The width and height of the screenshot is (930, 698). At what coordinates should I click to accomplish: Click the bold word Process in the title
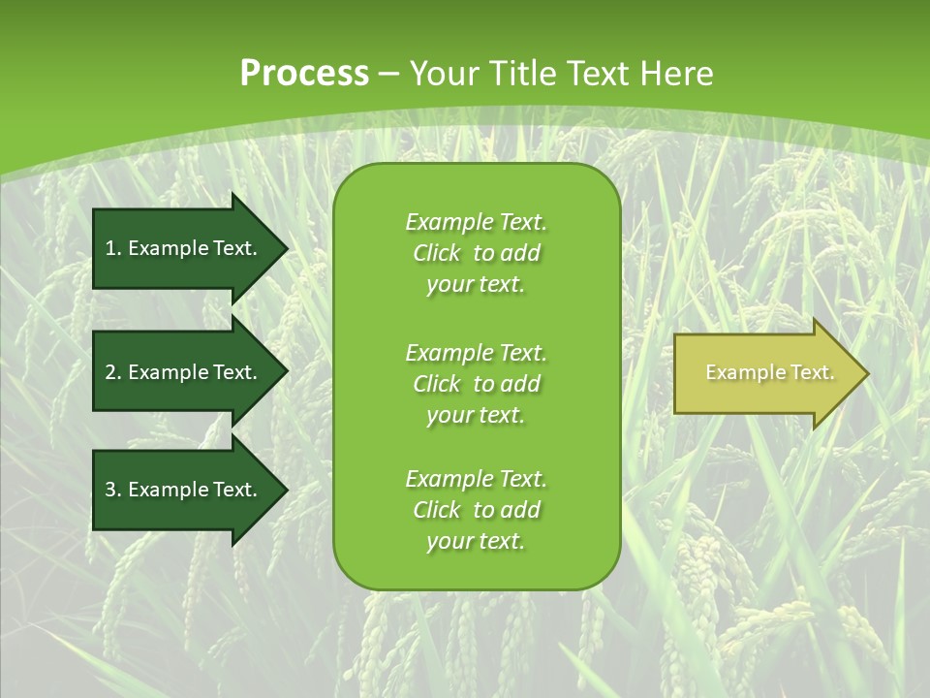click(x=304, y=74)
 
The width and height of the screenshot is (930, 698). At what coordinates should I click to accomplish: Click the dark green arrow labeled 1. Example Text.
click(x=184, y=248)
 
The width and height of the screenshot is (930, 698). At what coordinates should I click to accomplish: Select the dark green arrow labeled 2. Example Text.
click(x=184, y=372)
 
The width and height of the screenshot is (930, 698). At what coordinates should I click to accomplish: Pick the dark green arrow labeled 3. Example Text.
click(x=184, y=490)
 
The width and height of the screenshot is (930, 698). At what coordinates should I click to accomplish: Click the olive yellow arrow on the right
click(x=765, y=373)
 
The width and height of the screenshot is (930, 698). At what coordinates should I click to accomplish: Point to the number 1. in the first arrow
click(x=113, y=248)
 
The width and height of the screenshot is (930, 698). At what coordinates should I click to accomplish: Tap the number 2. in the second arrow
click(x=113, y=372)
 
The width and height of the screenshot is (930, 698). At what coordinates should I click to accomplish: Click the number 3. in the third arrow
click(x=113, y=490)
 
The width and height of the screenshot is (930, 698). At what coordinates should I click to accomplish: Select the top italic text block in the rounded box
click(x=476, y=253)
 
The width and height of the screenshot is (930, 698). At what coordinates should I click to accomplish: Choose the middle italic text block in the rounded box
click(x=476, y=384)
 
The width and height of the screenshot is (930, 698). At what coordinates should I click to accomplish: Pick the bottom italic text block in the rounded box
click(x=476, y=510)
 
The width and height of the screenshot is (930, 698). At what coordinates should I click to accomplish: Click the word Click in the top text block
click(x=436, y=253)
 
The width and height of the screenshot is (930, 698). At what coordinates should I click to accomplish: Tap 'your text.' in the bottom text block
click(x=476, y=541)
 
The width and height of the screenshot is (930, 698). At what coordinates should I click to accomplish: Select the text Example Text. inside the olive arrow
click(x=769, y=372)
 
